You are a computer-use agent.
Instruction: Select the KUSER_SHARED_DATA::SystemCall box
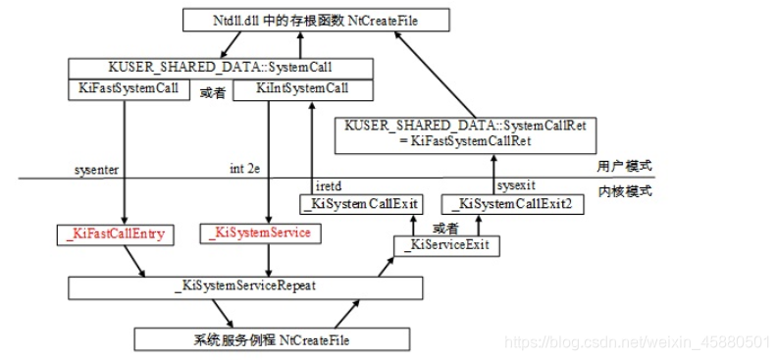coord(220,68)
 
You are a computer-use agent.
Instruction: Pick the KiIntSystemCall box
coord(302,88)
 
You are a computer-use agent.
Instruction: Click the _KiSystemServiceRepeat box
coord(245,287)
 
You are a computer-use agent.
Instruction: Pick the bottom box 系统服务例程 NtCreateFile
coord(270,339)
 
